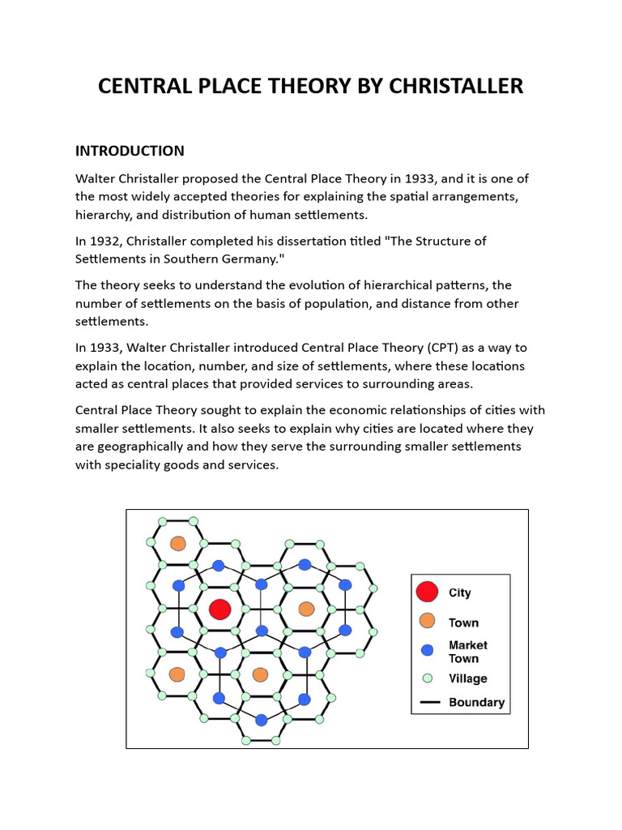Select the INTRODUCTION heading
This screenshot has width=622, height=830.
pos(130,151)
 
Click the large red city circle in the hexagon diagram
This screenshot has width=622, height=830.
pos(220,609)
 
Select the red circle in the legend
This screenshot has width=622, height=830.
pos(428,593)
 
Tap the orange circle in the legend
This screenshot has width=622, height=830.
pos(428,622)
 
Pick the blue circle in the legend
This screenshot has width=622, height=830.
pos(428,650)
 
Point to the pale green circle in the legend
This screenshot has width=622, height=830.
pos(428,678)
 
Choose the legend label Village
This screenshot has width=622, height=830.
pos(468,679)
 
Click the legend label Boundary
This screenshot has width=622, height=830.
pos(476,703)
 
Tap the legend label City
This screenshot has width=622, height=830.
pos(460,593)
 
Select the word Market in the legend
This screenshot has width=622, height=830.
pos(468,645)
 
